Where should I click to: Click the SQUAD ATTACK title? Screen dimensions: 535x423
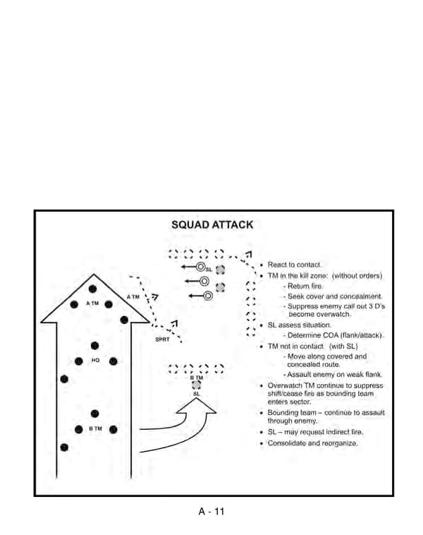212,225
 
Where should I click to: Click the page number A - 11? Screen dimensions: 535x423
211,512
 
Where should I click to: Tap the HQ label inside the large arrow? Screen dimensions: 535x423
95,361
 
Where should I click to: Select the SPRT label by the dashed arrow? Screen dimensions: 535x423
162,339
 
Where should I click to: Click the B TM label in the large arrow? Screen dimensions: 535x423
95,429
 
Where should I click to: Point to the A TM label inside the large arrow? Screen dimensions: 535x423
92,303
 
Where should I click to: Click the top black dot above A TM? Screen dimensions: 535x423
92,288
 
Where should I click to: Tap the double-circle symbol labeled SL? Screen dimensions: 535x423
200,267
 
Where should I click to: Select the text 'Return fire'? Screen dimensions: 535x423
303,286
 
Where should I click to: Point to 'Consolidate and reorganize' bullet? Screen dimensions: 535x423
312,443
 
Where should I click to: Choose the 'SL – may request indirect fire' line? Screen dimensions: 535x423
315,432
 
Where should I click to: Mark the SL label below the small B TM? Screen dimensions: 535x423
197,394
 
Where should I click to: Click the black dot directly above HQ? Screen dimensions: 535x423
95,345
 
